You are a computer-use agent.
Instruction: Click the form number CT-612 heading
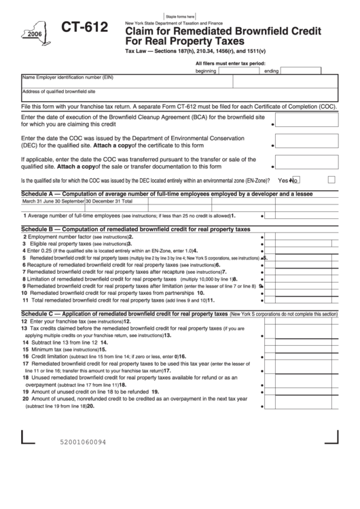84,28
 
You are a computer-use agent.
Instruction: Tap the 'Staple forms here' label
180,16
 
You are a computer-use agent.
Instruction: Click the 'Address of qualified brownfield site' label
58,91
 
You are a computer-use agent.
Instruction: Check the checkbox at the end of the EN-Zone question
331,180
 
